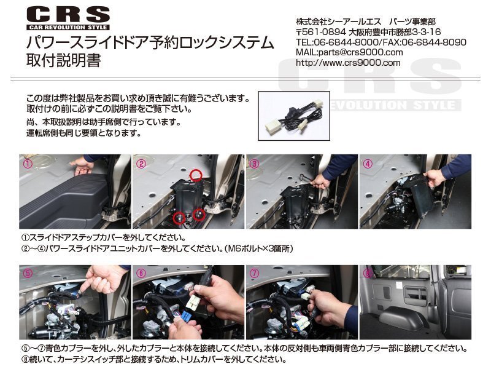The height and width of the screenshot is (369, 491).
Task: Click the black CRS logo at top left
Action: pyautogui.click(x=68, y=19)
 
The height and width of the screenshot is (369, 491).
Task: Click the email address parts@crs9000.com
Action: pyautogui.click(x=360, y=52)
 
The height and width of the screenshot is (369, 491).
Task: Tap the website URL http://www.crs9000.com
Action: pyautogui.click(x=348, y=63)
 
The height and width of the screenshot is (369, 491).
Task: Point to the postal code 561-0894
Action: pyautogui.click(x=325, y=32)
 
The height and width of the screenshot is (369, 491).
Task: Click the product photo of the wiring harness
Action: pyautogui.click(x=294, y=116)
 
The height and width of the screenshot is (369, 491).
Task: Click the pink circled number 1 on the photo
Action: pyautogui.click(x=28, y=164)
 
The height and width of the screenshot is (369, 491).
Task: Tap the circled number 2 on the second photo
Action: pyautogui.click(x=141, y=164)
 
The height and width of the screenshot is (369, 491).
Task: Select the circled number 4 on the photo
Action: pyautogui.click(x=367, y=164)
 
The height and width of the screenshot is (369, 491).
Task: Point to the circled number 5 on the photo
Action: pyautogui.click(x=28, y=274)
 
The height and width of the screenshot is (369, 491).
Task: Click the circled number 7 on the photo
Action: pyautogui.click(x=254, y=274)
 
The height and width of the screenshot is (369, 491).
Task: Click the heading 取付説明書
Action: pyautogui.click(x=64, y=60)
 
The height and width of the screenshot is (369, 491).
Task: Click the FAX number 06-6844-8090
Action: pyautogui.click(x=434, y=42)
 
